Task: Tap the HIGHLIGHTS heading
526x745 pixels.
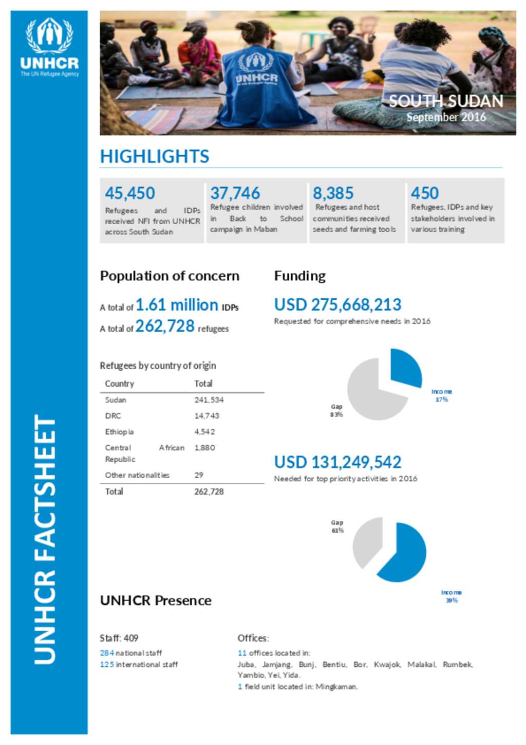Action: [154, 156]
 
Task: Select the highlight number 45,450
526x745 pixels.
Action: [129, 193]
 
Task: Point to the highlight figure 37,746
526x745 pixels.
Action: [235, 193]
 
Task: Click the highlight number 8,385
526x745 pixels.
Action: [333, 193]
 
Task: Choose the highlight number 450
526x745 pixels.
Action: [424, 193]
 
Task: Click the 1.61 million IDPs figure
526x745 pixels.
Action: [177, 305]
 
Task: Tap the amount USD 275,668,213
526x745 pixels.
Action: [337, 305]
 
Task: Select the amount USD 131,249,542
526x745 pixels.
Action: [337, 462]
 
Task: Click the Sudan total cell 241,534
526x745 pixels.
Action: [209, 400]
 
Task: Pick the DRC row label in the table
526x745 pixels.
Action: [113, 416]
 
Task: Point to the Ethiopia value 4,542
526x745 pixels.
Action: [204, 432]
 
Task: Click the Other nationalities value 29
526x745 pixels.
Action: [199, 475]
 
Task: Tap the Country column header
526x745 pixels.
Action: [119, 384]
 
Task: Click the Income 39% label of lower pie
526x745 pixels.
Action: [451, 596]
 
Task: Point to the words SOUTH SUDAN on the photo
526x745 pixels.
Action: [445, 101]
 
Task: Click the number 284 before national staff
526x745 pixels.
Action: [107, 653]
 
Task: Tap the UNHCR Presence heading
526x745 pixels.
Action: [156, 601]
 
